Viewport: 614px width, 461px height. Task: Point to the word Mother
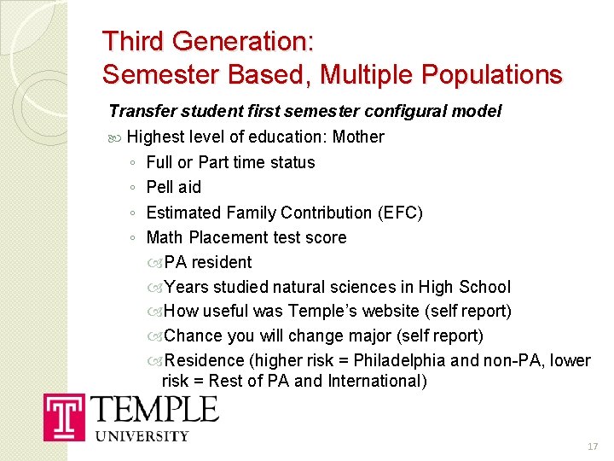[x=358, y=137]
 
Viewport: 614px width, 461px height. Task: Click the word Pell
[x=160, y=187]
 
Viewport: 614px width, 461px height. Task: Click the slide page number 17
[x=594, y=447]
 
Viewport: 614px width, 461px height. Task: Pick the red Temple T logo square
[x=65, y=417]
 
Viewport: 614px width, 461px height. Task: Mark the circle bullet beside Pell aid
[x=131, y=187]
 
